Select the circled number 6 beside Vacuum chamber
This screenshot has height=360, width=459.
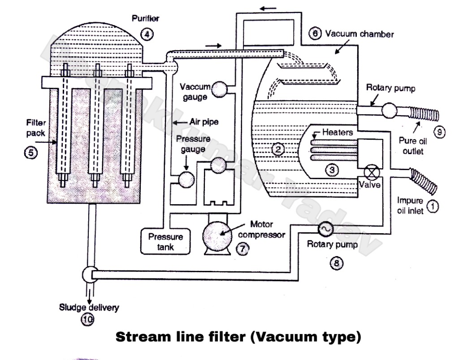(316, 34)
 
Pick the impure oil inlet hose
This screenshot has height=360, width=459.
(423, 181)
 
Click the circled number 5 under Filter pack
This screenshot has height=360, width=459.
(30, 153)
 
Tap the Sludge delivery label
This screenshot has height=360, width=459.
(89, 307)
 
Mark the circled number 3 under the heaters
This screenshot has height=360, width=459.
(332, 170)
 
